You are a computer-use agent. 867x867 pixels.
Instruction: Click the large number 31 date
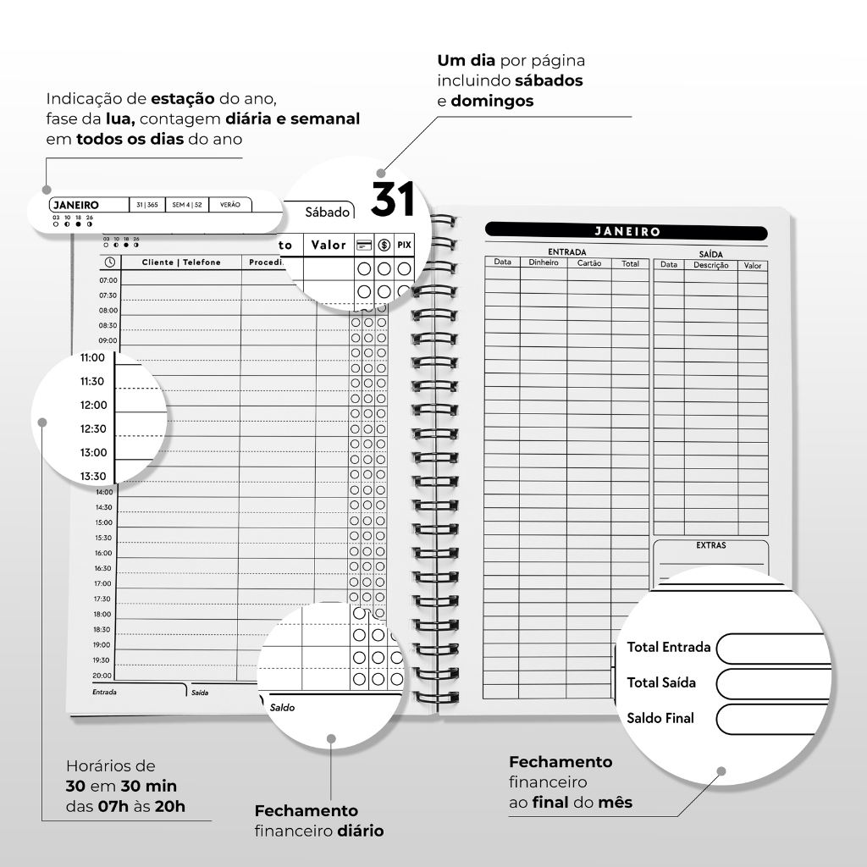pos(393,200)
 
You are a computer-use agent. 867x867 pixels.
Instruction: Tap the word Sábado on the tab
pos(328,212)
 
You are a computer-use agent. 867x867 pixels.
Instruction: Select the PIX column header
pos(404,245)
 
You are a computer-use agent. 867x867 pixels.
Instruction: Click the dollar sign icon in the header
pos(384,245)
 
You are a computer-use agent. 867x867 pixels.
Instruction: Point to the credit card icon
pos(364,245)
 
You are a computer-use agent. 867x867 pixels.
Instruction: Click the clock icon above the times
pos(109,262)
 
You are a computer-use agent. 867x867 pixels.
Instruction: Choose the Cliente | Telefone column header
pos(181,262)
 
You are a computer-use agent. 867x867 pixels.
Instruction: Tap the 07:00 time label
pos(108,279)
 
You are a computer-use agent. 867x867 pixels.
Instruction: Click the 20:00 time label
pos(102,676)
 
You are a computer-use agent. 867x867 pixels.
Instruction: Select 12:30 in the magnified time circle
pos(93,429)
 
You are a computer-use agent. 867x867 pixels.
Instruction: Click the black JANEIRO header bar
pos(627,231)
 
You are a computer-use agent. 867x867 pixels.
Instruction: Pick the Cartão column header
pos(589,263)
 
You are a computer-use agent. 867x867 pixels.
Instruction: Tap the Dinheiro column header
pos(544,263)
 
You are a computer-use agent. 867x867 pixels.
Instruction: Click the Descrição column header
pos(710,265)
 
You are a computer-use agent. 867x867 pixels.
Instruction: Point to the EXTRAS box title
pos(710,546)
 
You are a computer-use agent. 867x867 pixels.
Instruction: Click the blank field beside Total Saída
pos(770,682)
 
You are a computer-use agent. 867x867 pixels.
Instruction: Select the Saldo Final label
pos(660,718)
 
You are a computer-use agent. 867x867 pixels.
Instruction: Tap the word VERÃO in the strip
pos(229,205)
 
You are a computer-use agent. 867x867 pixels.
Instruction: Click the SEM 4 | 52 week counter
pos(186,205)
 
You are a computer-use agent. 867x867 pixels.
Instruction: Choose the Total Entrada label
pos(669,647)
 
